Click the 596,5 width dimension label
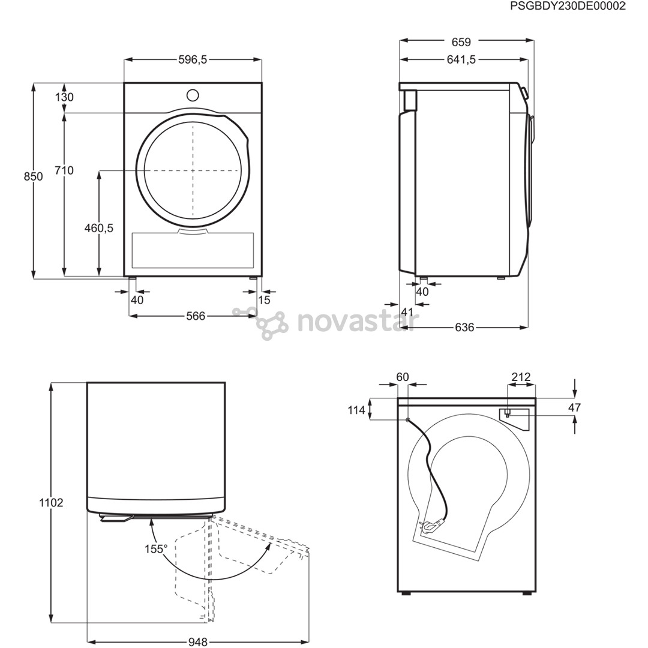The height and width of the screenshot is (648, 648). pyautogui.click(x=193, y=59)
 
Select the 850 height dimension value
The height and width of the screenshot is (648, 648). pyautogui.click(x=34, y=176)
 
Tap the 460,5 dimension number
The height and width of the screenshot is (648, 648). pyautogui.click(x=99, y=228)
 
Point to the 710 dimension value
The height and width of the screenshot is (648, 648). pyautogui.click(x=64, y=170)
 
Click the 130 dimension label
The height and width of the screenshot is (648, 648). pyautogui.click(x=64, y=97)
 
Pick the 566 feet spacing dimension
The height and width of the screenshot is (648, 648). pyautogui.click(x=196, y=316)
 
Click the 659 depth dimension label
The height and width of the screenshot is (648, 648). pyautogui.click(x=461, y=42)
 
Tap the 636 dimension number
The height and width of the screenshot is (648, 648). pyautogui.click(x=464, y=327)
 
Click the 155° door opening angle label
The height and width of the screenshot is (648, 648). pyautogui.click(x=155, y=548)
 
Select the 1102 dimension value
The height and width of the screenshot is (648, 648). pyautogui.click(x=51, y=503)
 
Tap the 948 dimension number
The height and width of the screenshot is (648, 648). pyautogui.click(x=197, y=642)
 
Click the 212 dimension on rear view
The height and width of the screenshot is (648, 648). pyautogui.click(x=520, y=377)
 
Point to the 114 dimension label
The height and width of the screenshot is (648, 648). pyautogui.click(x=356, y=410)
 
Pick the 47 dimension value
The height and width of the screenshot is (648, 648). pyautogui.click(x=575, y=407)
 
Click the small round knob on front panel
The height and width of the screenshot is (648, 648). pyautogui.click(x=193, y=95)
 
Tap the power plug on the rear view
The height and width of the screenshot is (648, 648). pyautogui.click(x=432, y=526)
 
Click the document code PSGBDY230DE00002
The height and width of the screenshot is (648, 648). pyautogui.click(x=568, y=6)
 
